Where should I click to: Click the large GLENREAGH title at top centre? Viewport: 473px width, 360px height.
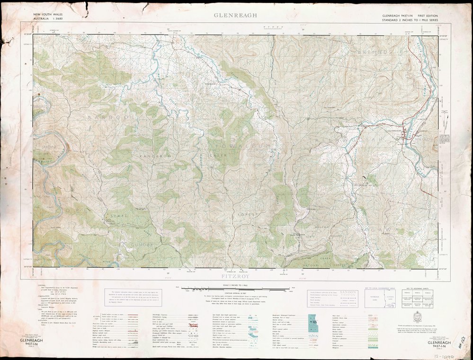pyautogui.click(x=235, y=15)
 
